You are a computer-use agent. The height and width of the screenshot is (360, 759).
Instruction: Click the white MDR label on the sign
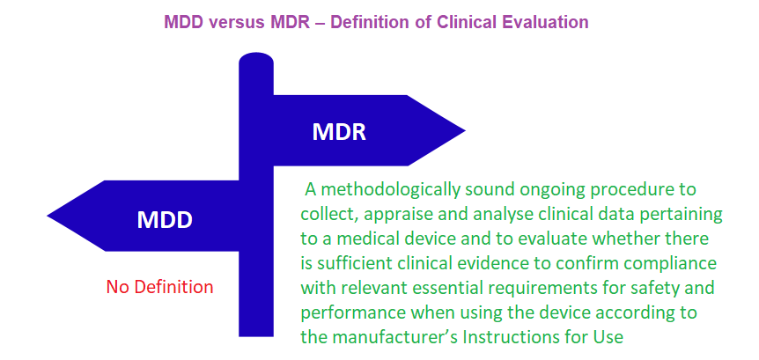click(339, 132)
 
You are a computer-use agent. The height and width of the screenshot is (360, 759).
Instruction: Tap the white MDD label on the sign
click(165, 219)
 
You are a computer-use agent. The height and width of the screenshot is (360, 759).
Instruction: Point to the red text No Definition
click(159, 287)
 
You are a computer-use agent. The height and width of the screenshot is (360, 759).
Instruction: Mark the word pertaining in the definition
click(680, 215)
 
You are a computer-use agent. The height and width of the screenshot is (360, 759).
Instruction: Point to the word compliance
click(670, 263)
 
